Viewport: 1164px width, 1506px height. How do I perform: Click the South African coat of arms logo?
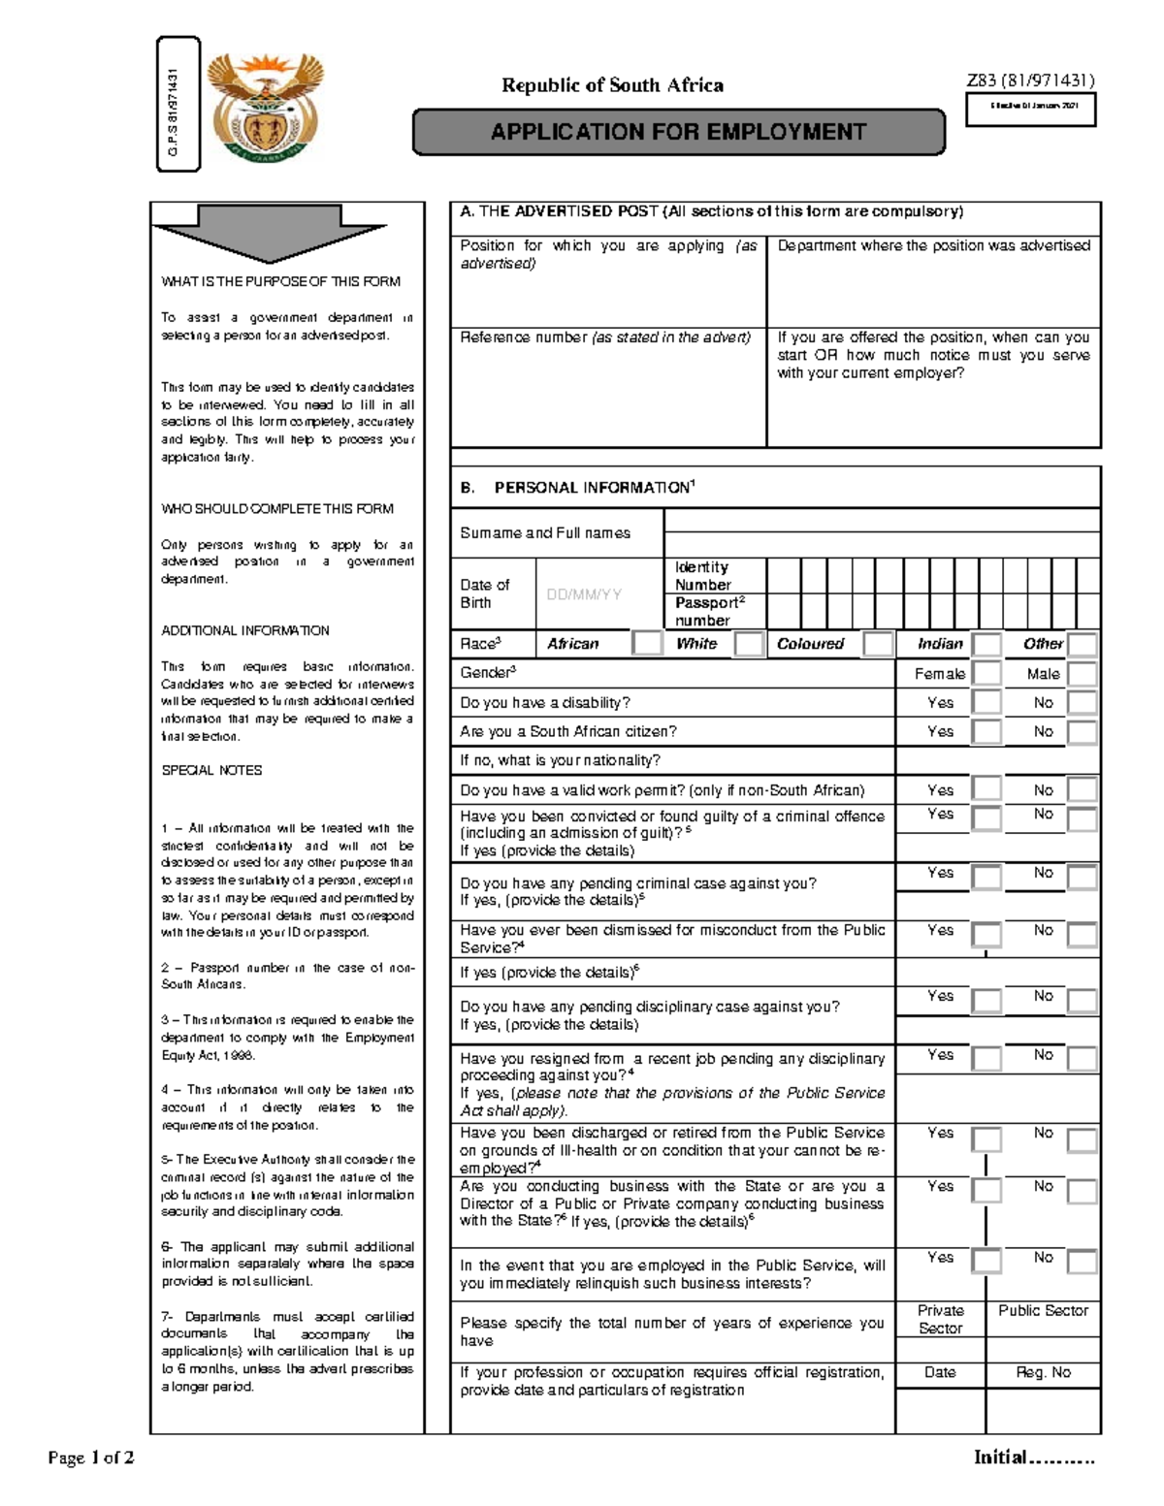[x=268, y=109]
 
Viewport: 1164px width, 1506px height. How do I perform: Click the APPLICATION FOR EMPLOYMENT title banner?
[x=678, y=132]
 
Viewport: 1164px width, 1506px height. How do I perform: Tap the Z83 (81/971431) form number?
[x=1030, y=81]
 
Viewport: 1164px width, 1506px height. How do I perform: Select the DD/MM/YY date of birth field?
[x=584, y=594]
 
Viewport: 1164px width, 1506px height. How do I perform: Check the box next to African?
[x=647, y=643]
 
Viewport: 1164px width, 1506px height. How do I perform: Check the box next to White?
[x=749, y=643]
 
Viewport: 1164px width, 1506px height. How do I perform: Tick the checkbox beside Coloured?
[x=878, y=643]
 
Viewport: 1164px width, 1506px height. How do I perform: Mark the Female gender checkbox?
[x=986, y=673]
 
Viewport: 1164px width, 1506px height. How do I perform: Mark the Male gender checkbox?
[x=1082, y=673]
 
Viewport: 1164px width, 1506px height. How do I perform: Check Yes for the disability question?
[x=986, y=703]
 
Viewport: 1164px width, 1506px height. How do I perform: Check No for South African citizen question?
[x=1082, y=732]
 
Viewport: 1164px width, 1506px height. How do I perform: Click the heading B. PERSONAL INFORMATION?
[x=578, y=488]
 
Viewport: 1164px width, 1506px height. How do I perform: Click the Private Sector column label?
[x=940, y=1319]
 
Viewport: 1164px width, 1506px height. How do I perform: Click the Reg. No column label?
[x=1043, y=1372]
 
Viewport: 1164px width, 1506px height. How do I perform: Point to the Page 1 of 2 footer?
[x=91, y=1458]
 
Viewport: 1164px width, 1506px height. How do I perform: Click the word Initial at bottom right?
[x=1000, y=1457]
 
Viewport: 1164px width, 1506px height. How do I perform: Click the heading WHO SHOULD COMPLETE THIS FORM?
[x=276, y=508]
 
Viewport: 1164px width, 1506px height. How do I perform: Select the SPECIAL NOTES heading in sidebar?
[x=211, y=770]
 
